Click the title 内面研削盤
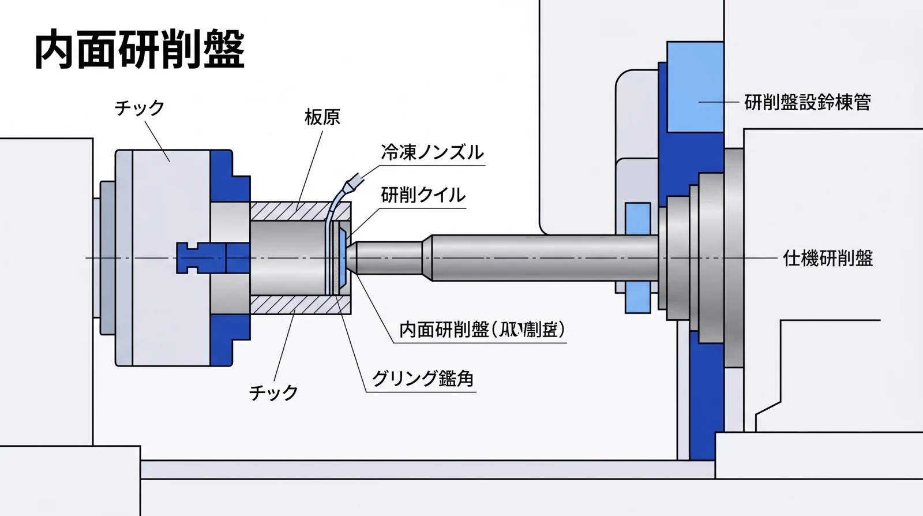coord(140,50)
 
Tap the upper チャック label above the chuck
coord(139,108)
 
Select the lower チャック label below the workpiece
coord(273,393)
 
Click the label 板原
coord(322,118)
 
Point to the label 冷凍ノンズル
coord(432,152)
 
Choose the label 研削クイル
coord(423,195)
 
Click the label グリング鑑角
coord(422,379)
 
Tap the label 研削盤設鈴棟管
coord(807,102)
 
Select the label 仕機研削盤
coord(827,258)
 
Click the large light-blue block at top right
coord(695,87)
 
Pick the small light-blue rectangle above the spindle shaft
coord(637,219)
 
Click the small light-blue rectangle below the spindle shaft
coord(637,297)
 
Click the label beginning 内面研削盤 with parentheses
coord(481,330)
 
